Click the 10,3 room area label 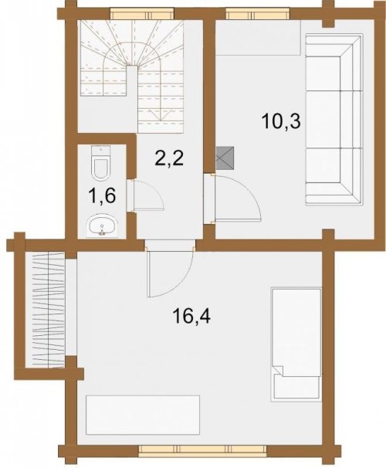(x=280, y=122)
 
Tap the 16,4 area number (x=191, y=317)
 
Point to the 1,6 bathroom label (x=101, y=196)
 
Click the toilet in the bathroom (x=100, y=163)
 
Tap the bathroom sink (x=102, y=226)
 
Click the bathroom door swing (x=146, y=195)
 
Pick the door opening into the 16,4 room (x=170, y=272)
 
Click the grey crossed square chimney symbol (x=226, y=158)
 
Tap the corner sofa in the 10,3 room (x=334, y=120)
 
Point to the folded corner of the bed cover (x=279, y=371)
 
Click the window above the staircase (x=142, y=14)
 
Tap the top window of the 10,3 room (x=257, y=14)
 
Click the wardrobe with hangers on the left (x=45, y=310)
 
